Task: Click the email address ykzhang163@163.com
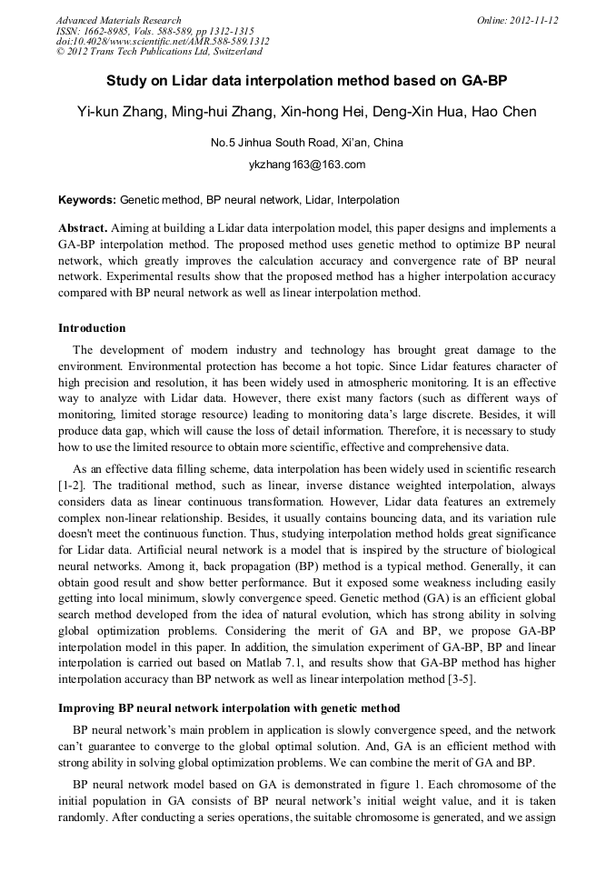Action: coord(306,165)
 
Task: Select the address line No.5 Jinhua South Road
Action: coord(306,143)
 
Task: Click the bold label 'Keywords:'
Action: coord(87,200)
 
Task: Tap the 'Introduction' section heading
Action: coord(92,328)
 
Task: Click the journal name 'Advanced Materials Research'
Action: coord(118,20)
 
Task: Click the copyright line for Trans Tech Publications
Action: coord(159,52)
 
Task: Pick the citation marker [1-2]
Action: coord(72,485)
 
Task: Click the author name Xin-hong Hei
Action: coord(323,112)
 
